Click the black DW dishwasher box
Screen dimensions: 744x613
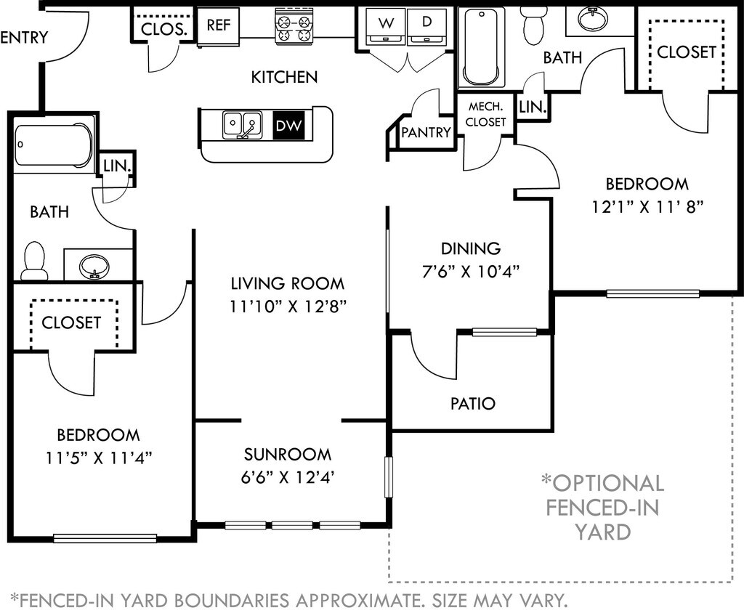288,125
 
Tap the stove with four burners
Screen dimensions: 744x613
294,28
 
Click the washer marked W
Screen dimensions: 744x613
387,29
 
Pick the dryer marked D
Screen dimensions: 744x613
426,29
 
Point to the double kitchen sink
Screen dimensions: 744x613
242,125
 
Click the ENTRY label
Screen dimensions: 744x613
24,37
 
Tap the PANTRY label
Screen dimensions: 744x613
426,132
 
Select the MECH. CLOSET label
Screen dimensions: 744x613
485,114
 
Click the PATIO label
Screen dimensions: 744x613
472,404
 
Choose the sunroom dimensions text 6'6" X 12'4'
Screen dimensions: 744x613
286,477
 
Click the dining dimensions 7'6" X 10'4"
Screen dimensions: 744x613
471,272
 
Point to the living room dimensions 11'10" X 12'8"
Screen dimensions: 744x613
288,307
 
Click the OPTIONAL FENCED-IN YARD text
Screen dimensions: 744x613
602,508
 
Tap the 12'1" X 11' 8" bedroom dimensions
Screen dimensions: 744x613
647,207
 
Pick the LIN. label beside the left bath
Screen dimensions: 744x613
117,166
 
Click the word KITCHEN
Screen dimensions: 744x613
284,77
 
